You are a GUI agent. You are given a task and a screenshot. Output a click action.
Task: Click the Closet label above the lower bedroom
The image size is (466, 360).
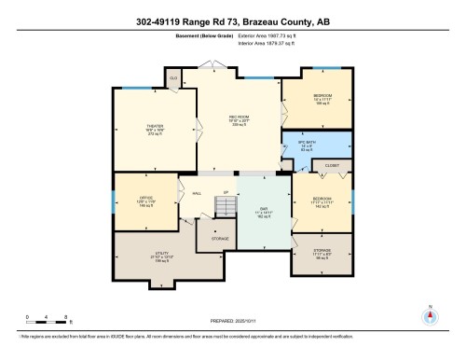tap(333, 165)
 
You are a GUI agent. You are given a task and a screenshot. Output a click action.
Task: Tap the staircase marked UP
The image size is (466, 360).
tap(223, 204)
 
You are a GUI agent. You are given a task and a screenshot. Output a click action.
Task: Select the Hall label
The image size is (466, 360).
tap(197, 194)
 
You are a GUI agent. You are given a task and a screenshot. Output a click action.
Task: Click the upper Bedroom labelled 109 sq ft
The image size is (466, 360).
tap(322, 100)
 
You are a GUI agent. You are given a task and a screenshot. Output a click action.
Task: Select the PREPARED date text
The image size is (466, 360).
tap(233, 320)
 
